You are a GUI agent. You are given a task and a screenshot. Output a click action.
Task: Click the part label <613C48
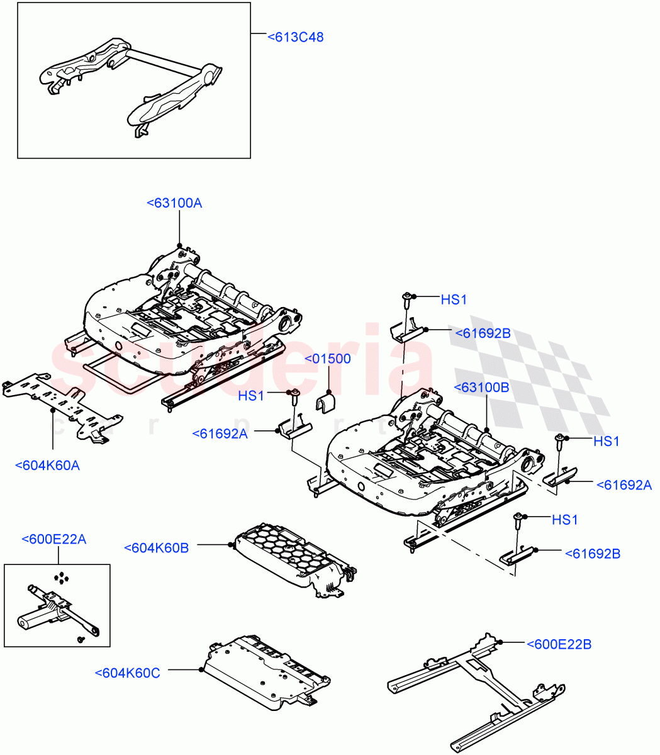pyautogui.click(x=295, y=37)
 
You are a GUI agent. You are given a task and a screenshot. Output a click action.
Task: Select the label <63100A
pyautogui.click(x=174, y=203)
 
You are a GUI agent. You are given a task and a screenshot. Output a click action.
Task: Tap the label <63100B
pyautogui.click(x=483, y=388)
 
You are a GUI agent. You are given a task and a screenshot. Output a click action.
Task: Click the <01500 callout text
pyautogui.click(x=328, y=359)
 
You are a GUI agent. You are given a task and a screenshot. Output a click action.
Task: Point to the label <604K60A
pyautogui.click(x=47, y=466)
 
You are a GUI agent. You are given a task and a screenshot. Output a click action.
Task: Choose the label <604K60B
pyautogui.click(x=157, y=548)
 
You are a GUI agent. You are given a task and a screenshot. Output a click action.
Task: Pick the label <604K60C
pyautogui.click(x=128, y=673)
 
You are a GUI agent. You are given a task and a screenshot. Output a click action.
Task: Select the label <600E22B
pyautogui.click(x=559, y=644)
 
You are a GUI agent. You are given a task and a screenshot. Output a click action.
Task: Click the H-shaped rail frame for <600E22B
pyautogui.click(x=475, y=692)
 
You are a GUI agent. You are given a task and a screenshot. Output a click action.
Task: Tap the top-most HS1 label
pyautogui.click(x=454, y=300)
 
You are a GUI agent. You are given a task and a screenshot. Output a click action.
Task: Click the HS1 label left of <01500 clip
pyautogui.click(x=251, y=396)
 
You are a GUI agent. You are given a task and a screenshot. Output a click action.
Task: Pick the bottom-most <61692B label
pyautogui.click(x=592, y=554)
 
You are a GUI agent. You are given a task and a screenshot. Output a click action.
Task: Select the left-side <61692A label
pyautogui.click(x=220, y=433)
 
